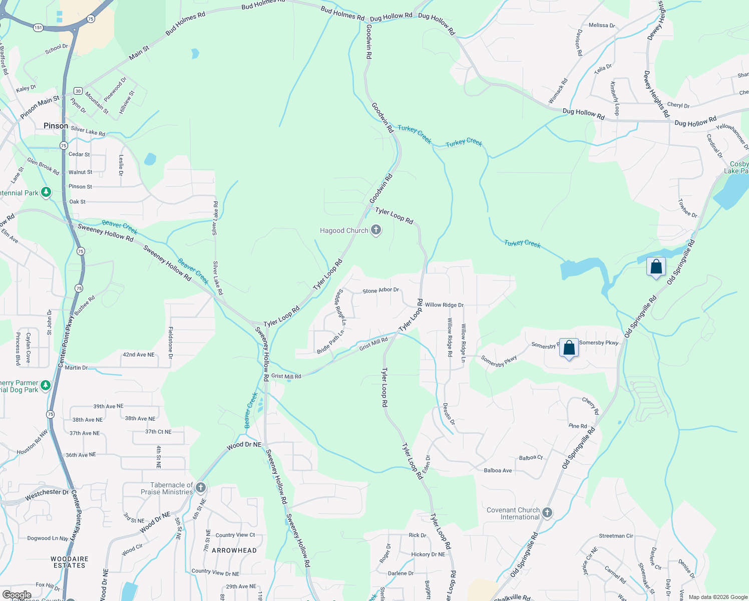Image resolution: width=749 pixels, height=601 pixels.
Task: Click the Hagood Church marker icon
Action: [376, 230]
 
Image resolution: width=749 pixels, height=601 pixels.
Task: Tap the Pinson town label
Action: [56, 126]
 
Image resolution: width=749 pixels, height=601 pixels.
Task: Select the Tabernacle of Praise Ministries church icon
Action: [201, 488]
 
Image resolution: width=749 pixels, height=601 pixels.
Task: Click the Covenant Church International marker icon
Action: [547, 512]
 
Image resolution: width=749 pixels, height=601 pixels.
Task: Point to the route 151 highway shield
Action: [39, 28]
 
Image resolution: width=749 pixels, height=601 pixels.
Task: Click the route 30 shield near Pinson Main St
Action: [78, 91]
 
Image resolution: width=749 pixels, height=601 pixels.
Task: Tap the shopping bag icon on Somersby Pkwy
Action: [569, 348]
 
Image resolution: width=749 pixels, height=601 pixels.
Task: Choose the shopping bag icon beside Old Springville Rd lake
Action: [656, 266]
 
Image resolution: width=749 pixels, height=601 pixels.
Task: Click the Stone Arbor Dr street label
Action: [381, 290]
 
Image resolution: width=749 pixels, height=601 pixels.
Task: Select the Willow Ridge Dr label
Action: [444, 305]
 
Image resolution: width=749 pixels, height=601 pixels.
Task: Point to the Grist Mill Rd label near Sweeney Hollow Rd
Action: [286, 376]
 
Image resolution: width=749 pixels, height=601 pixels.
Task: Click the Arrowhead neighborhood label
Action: [234, 550]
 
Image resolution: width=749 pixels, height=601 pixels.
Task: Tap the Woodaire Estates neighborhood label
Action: [70, 562]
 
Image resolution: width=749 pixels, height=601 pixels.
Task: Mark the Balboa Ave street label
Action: [498, 470]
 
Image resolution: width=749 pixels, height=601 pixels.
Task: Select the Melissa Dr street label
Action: [602, 25]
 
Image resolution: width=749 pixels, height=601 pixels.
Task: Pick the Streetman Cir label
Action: [616, 536]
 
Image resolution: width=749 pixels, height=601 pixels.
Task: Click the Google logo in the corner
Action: [17, 595]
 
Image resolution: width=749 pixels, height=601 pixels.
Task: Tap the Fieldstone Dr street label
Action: [170, 343]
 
